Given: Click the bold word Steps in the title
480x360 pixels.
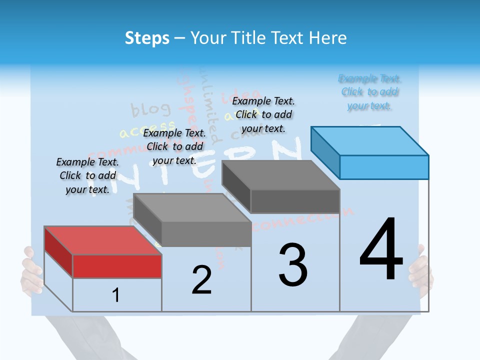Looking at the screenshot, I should tap(147, 38).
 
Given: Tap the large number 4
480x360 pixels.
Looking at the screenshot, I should tap(381, 250).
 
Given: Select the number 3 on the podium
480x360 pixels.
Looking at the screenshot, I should tap(293, 265).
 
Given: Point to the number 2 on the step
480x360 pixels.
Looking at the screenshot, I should tap(201, 280).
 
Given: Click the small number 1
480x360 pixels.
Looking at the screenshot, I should tap(116, 295).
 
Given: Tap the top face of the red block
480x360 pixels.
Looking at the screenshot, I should tap(102, 240).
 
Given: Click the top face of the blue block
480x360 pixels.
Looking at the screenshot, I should tap(370, 140).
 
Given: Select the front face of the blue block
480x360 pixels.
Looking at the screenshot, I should tap(384, 167).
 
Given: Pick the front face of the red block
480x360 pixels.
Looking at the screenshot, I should tap(117, 266).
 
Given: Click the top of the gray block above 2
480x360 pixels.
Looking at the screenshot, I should tap(192, 207).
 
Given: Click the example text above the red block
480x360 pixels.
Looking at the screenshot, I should tap(87, 175).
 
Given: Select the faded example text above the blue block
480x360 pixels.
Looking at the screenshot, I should tap(370, 92).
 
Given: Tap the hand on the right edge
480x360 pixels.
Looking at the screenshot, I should tap(421, 270).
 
